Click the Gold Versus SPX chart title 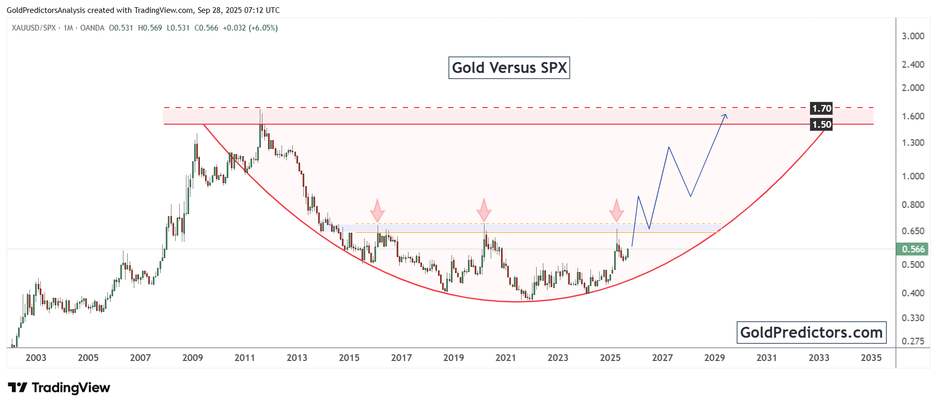point(509,68)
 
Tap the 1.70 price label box point(821,109)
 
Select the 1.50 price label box point(821,125)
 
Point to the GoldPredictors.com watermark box point(811,333)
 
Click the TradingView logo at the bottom point(59,388)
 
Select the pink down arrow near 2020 point(484,210)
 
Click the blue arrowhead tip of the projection point(726,115)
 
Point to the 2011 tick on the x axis point(245,358)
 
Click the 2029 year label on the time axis point(714,358)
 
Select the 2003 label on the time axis point(36,358)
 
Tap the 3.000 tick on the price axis point(913,36)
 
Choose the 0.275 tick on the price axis point(913,341)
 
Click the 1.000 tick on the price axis point(913,176)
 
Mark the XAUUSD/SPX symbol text point(34,28)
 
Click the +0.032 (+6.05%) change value point(250,28)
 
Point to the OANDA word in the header point(92,28)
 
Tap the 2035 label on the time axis point(871,358)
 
